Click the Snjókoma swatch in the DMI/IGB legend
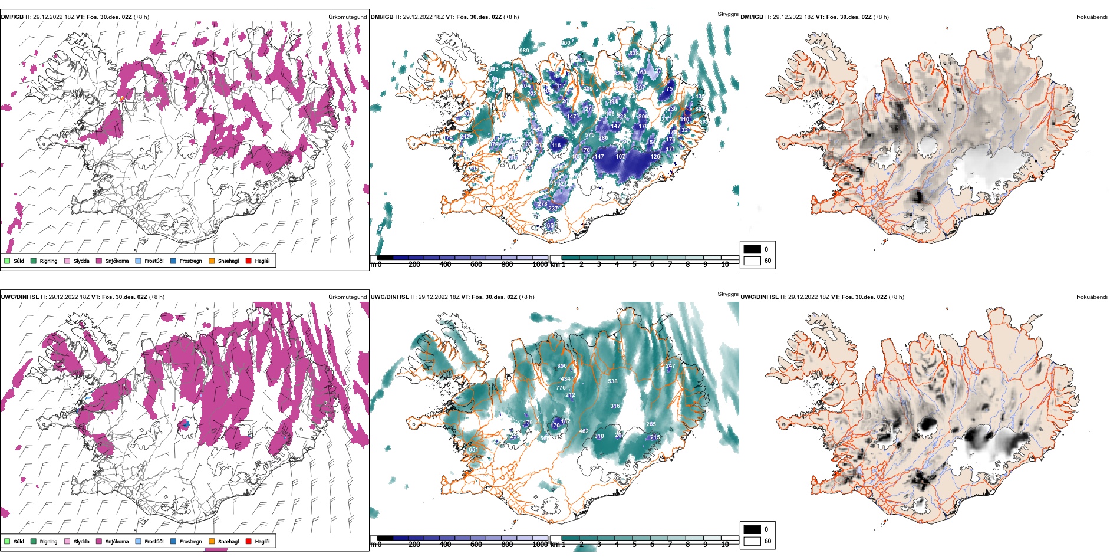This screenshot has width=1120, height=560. point(99,261)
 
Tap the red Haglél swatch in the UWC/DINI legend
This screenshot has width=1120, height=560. point(249,541)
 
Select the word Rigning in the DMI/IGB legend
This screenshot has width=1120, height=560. point(48,261)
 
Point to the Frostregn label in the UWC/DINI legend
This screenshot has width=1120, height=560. point(190,542)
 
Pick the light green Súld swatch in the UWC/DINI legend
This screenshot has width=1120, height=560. point(7,541)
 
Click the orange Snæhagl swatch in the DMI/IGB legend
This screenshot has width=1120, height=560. point(212,261)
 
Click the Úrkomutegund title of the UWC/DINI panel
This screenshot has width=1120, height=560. point(347,297)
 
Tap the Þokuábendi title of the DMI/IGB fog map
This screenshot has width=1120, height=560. point(1091,17)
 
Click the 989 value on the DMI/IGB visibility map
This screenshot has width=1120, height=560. point(524,51)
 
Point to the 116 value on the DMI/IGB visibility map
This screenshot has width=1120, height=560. point(556,146)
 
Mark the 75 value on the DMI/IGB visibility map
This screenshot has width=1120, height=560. point(669,89)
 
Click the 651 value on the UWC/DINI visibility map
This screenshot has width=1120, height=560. point(473,450)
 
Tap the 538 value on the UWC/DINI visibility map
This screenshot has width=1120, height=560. point(612,381)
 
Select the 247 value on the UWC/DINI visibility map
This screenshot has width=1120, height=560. point(670,366)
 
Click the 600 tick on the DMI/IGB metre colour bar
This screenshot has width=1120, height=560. point(476,265)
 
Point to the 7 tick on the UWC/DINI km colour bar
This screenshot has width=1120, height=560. point(670,545)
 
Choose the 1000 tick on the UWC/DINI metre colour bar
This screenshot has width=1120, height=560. point(540,545)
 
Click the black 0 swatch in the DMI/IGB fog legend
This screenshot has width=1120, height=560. point(752,249)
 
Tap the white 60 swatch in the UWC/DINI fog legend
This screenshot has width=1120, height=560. point(752,541)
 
